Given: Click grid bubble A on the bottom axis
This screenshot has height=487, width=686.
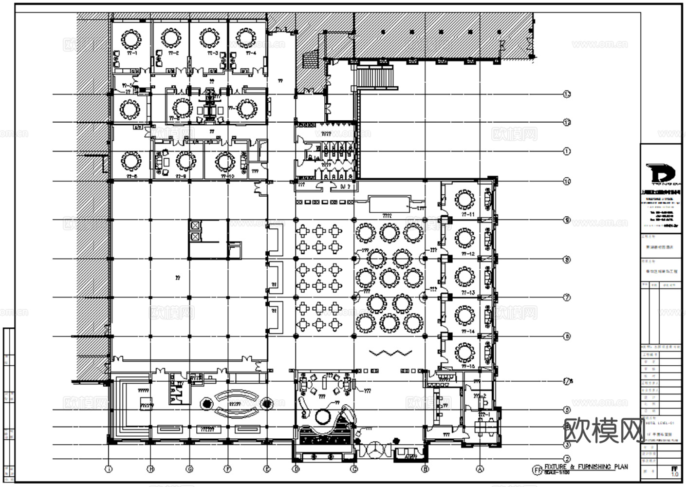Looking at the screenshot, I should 480,469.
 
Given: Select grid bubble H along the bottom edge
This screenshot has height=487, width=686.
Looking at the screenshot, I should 151,469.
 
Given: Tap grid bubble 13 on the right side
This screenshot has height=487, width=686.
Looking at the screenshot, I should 566,94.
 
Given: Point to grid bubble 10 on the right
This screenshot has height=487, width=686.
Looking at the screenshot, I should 566,182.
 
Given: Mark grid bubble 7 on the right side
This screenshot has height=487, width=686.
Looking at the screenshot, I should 566,298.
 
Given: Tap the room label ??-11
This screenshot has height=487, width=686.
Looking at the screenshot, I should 468,214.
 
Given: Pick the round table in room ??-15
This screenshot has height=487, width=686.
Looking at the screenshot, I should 464,352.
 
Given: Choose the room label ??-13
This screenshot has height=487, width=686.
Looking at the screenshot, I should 468,293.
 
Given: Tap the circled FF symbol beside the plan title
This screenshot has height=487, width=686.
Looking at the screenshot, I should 538,470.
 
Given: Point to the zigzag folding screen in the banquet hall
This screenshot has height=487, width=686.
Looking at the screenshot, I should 388,352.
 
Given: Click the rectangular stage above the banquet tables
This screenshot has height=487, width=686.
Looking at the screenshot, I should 389,205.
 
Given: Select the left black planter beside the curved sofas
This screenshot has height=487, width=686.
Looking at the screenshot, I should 206,404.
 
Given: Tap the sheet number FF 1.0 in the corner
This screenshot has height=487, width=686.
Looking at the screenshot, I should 674,471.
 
